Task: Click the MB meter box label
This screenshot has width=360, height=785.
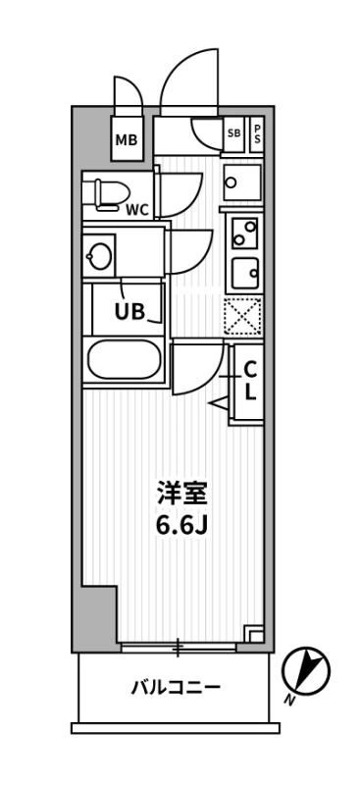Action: click(127, 140)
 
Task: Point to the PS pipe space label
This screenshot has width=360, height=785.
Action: click(258, 134)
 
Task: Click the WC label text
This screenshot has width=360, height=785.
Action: click(137, 208)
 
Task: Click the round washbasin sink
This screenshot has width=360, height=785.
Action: click(99, 257)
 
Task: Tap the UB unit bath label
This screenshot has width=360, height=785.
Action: click(130, 313)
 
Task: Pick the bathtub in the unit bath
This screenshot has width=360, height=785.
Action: click(126, 360)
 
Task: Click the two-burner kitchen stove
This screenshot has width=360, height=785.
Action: click(243, 232)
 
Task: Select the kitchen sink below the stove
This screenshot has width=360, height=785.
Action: click(243, 271)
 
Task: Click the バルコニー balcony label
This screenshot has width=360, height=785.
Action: click(176, 687)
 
